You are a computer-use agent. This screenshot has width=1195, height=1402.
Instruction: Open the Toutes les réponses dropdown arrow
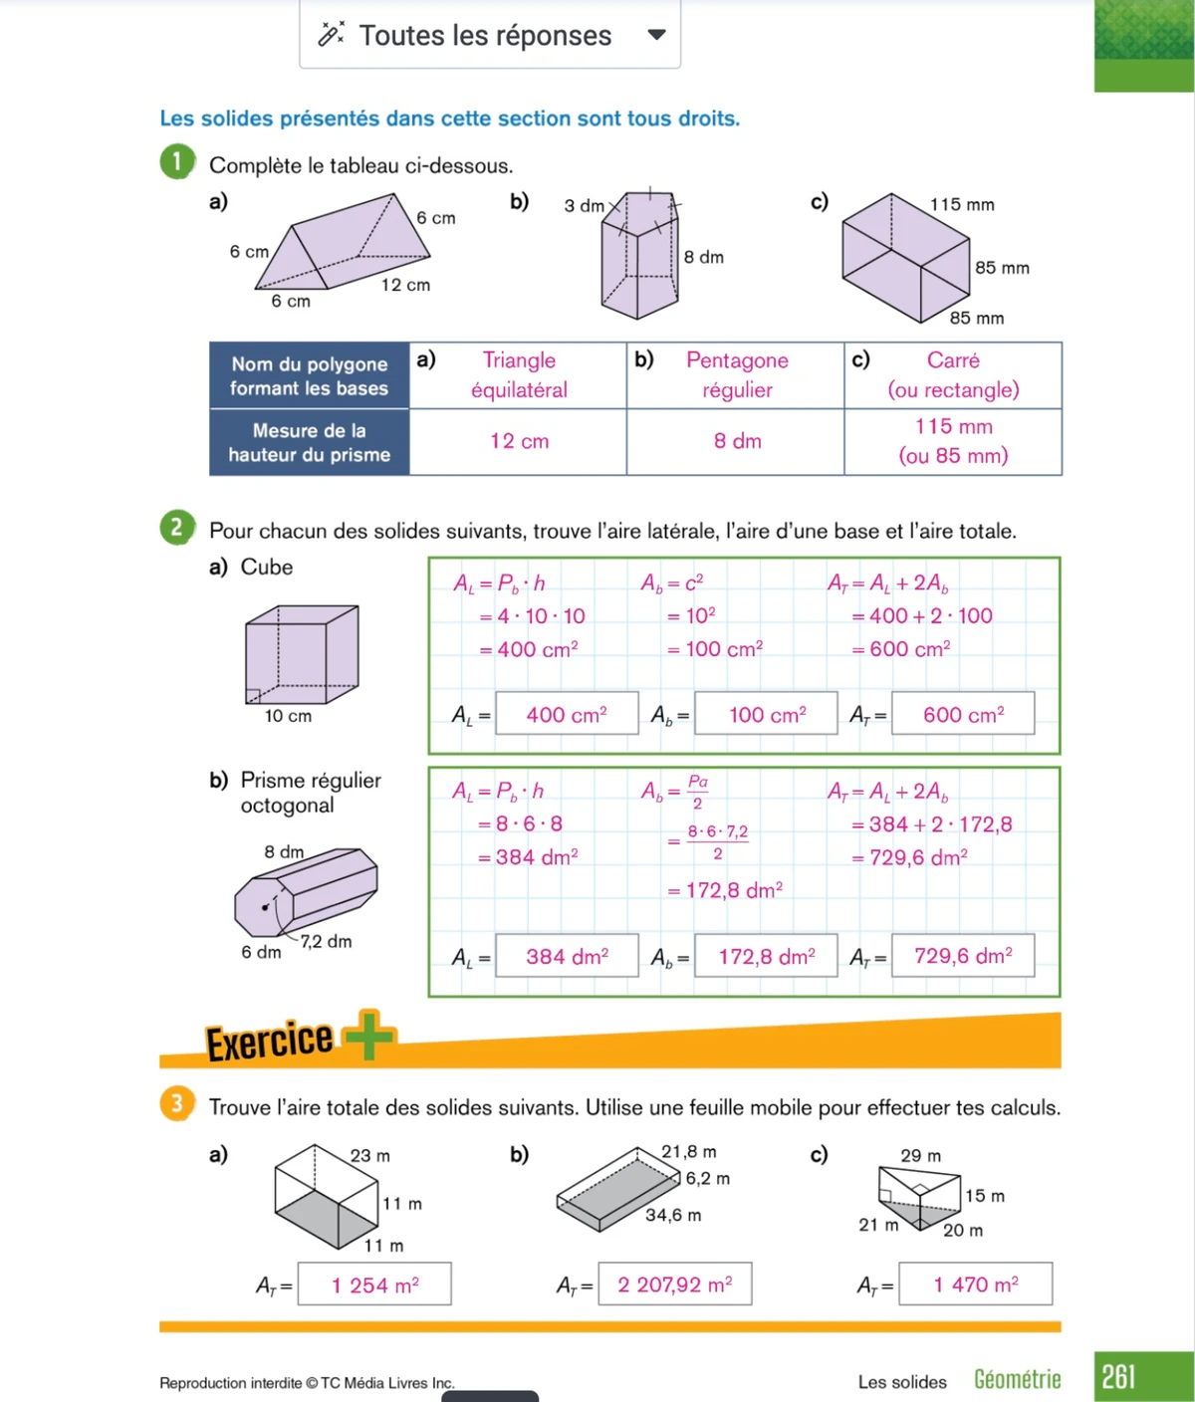coord(656,35)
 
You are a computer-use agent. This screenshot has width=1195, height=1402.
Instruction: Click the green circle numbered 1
coord(176,162)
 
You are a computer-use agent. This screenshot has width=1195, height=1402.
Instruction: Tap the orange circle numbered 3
coord(176,1103)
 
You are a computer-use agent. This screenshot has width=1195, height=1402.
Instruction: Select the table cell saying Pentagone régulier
coord(737,375)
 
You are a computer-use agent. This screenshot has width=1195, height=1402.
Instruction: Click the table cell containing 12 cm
coord(519,441)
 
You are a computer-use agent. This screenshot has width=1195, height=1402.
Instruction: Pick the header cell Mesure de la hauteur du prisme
coord(310,442)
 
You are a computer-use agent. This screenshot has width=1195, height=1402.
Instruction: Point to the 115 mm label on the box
coord(962,204)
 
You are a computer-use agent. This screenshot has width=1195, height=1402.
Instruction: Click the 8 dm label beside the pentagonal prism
coord(704,257)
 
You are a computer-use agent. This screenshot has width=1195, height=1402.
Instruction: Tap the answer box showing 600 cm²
coord(963,714)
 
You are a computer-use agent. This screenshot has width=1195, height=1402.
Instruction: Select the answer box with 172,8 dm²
coord(766,956)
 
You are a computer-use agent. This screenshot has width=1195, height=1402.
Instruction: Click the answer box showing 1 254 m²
coord(375,1285)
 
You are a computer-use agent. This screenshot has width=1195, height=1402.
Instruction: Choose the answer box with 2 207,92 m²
coord(674,1285)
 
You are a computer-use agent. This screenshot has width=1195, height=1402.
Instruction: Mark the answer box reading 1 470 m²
coord(975,1285)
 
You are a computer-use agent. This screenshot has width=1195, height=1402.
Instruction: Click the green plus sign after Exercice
coord(368,1036)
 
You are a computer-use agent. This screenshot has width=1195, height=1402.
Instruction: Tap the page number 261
coord(1118,1377)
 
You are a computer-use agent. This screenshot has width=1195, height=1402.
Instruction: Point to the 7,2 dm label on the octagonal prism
coord(327,941)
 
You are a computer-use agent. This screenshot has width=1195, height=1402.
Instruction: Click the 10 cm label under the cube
coord(288,716)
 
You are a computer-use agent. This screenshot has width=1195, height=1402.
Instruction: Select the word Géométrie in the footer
coord(1017,1379)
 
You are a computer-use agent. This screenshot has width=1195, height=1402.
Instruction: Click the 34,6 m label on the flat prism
coord(673,1215)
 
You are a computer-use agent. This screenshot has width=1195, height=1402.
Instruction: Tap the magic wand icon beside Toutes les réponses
coord(331,35)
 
